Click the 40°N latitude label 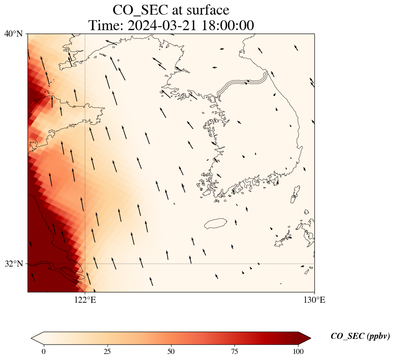click(14, 34)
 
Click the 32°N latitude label click(14, 264)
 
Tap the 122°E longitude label click(85, 300)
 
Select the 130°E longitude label click(314, 300)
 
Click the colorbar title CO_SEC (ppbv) click(360, 336)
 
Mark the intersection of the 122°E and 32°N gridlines click(85, 264)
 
